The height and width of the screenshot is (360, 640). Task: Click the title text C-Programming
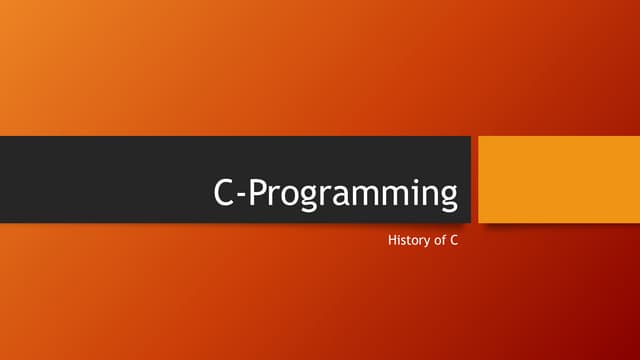pos(336,193)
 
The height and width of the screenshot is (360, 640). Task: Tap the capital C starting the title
pos(225,192)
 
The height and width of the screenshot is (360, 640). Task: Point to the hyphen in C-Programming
pos(241,196)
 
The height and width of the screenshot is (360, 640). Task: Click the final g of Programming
pos(446,199)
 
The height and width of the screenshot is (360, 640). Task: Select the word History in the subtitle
pos(405,241)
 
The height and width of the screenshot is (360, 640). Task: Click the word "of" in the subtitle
pos(439,241)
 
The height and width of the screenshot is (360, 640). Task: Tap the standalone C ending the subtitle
pos(455,241)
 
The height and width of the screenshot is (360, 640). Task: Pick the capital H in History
pos(390,241)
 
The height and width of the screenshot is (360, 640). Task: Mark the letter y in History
pos(425,243)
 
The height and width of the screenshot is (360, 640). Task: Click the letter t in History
pos(405,241)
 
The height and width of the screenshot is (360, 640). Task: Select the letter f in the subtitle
pos(443,240)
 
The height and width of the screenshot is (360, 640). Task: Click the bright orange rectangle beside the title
pos(558,178)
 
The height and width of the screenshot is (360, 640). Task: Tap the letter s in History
pos(400,242)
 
